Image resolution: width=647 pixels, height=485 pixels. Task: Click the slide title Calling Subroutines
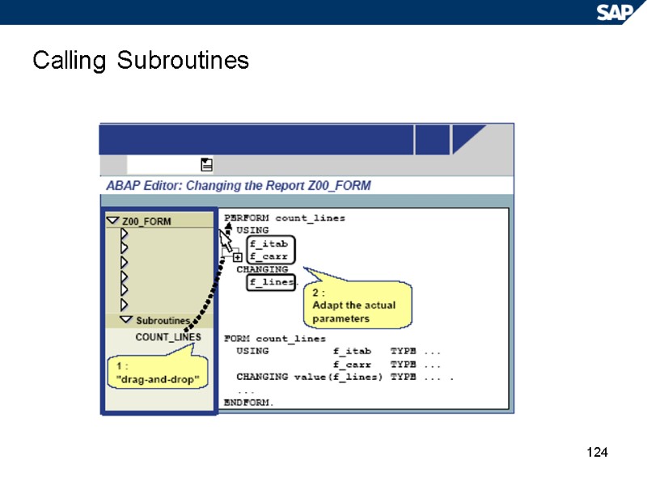click(141, 61)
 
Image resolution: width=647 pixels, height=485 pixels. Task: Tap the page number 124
click(596, 452)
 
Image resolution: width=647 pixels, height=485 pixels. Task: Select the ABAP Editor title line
click(239, 186)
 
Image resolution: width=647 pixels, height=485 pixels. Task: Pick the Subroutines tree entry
click(162, 321)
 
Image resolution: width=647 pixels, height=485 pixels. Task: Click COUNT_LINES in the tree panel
click(168, 337)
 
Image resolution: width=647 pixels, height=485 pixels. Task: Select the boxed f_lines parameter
click(271, 281)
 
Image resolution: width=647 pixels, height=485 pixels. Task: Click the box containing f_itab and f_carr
click(269, 250)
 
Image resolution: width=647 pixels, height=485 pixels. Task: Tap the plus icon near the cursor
click(238, 258)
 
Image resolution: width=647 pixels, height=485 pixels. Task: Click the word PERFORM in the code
click(247, 218)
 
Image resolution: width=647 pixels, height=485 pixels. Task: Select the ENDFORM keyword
click(248, 402)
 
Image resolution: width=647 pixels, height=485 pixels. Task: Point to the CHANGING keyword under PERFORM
click(262, 269)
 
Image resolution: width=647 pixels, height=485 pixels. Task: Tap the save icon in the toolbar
click(206, 165)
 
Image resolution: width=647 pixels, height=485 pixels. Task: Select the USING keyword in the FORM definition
click(252, 352)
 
